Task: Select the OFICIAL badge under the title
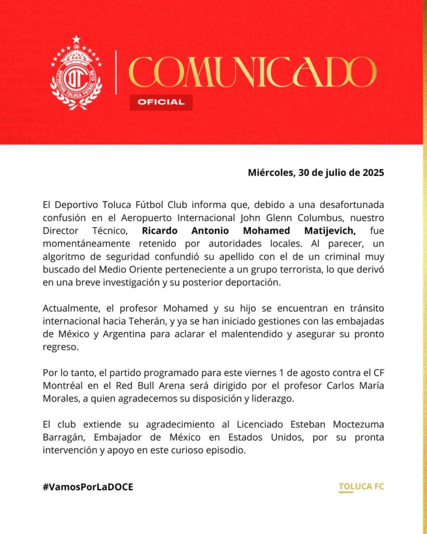[161, 102]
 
